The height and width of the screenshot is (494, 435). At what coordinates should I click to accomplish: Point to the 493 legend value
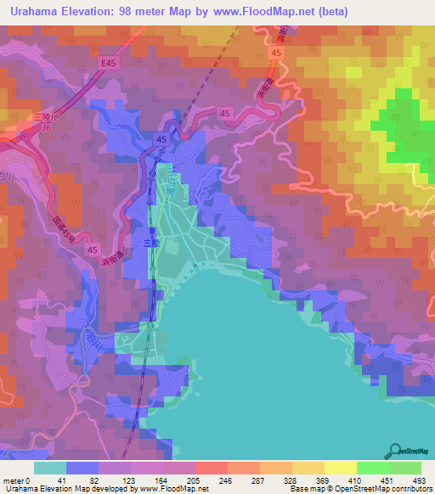pos(421,480)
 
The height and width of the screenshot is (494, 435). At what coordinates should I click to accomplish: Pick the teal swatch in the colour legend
pos(49,468)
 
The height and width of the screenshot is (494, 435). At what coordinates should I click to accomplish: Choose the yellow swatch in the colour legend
pos(341,468)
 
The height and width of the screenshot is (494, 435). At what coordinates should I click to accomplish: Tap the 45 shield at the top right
pos(274,53)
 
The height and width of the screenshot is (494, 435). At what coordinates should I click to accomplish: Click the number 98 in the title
pos(147,12)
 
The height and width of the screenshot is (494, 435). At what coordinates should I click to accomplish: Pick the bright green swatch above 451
pos(373,468)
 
